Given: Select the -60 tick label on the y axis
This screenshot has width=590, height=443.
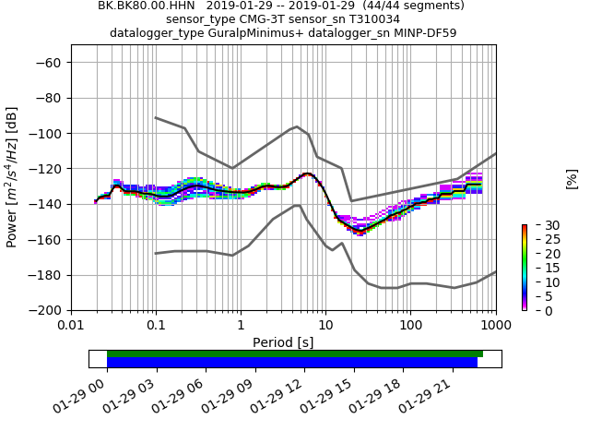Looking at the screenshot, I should coord(53,63).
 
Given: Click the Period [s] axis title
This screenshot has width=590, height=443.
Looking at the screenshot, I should coord(283,341).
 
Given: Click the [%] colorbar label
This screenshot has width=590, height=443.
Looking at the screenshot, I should coord(572,178).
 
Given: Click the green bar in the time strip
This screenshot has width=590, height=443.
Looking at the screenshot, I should coord(295,353).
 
